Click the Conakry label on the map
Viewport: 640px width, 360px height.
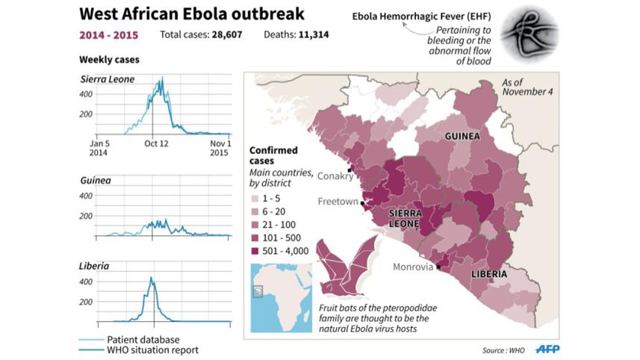[x=334, y=177]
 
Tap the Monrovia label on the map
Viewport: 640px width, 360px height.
[x=413, y=267]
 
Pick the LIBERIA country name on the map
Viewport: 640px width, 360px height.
[x=489, y=274]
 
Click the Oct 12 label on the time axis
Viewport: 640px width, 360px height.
[x=155, y=143]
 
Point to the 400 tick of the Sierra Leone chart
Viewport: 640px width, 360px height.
[x=107, y=94]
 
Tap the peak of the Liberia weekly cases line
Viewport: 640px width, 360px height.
[x=151, y=279]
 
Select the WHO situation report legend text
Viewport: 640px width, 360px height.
[x=152, y=350]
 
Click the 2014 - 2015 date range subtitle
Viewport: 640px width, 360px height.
[x=110, y=34]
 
